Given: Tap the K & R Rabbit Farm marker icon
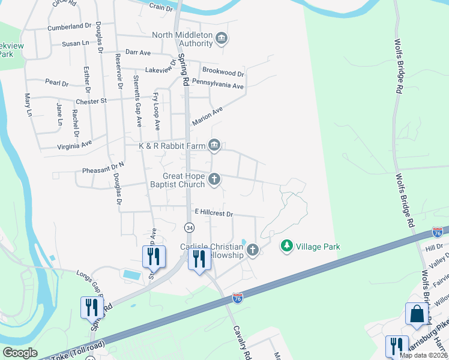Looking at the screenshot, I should (x=214, y=145).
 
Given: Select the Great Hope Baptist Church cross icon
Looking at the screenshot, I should (x=214, y=179).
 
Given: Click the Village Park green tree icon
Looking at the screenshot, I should (x=287, y=246).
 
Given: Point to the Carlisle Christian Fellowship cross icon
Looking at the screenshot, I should (x=253, y=250).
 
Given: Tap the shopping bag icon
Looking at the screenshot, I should (x=416, y=313).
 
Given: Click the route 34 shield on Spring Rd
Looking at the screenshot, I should (x=190, y=227).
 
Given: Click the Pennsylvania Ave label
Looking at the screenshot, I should (x=222, y=86).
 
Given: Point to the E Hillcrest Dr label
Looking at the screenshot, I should (x=213, y=213).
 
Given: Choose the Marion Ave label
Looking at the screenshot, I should (x=207, y=116).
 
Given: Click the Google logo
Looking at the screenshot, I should (x=20, y=353).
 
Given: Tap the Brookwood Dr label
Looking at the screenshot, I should (x=223, y=74).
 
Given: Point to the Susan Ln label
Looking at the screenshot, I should (x=76, y=43).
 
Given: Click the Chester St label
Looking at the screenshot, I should (x=91, y=101).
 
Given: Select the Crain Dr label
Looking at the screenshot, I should (x=160, y=8).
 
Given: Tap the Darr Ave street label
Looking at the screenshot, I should (x=137, y=53).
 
